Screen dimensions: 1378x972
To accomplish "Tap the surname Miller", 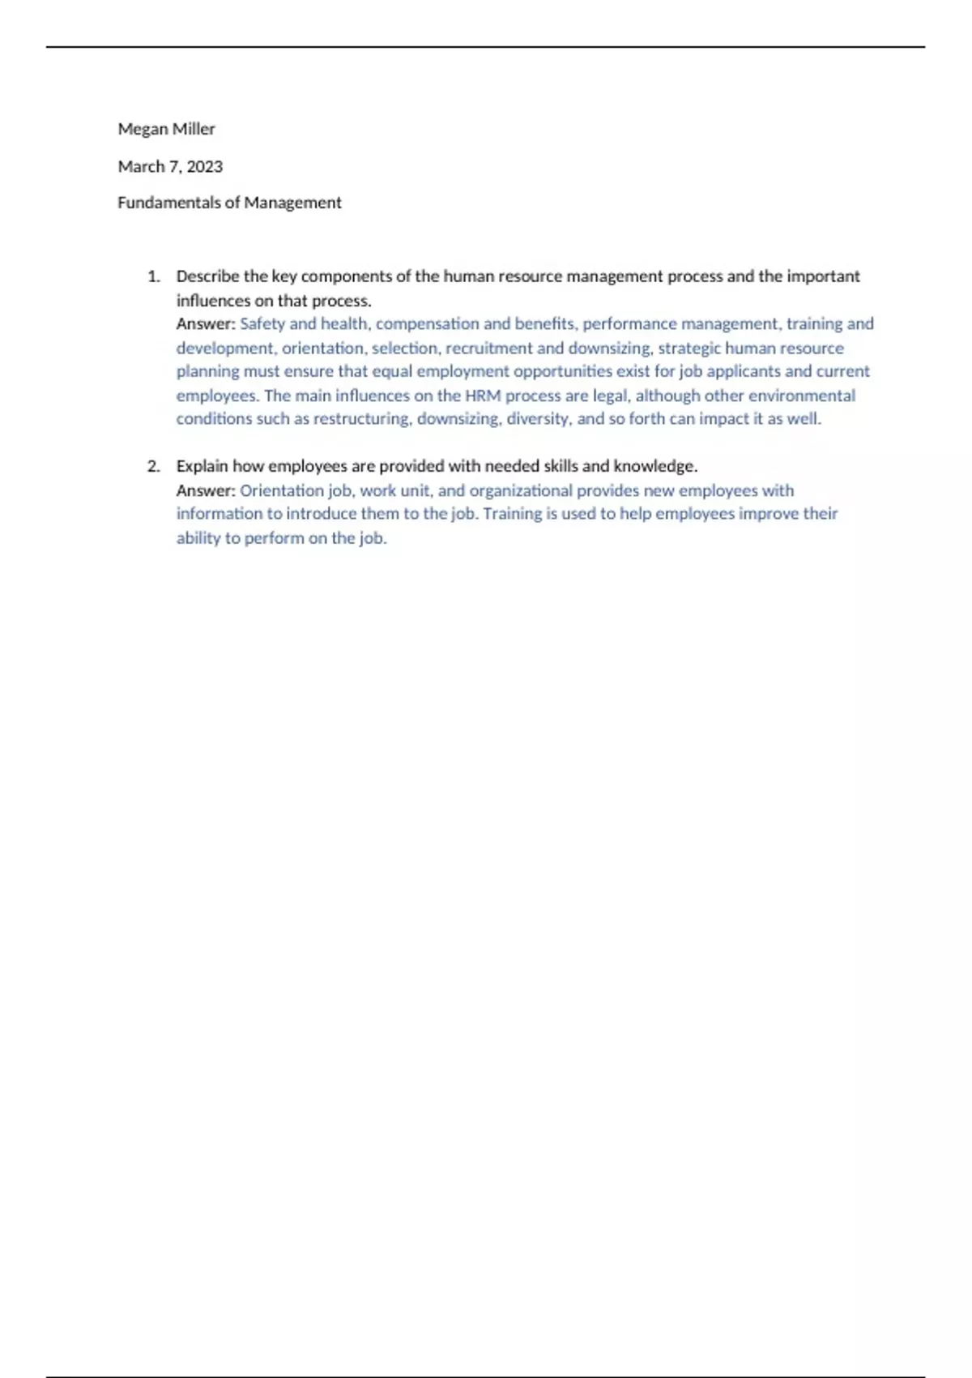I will point(194,129).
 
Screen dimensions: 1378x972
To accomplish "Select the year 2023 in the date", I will point(205,166).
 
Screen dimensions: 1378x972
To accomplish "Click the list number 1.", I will point(153,276).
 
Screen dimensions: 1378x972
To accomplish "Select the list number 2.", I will point(153,466).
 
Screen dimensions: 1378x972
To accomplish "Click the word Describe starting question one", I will point(207,276).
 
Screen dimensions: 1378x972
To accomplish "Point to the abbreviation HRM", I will point(483,396).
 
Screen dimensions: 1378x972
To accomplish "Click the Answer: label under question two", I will point(206,490).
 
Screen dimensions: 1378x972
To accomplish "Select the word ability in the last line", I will point(198,538).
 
